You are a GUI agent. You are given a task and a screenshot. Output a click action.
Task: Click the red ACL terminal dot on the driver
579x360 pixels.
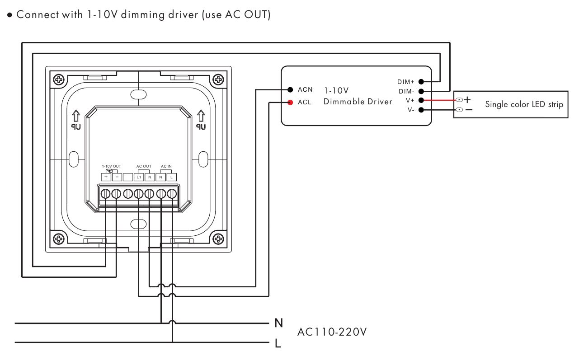(290, 102)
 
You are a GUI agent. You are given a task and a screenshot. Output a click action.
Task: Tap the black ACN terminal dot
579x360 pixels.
(290, 89)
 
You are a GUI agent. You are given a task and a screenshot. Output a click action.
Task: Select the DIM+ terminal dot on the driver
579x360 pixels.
(421, 82)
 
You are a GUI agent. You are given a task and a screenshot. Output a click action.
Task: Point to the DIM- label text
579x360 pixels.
(406, 91)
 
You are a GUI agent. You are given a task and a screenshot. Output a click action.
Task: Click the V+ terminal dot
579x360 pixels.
(421, 100)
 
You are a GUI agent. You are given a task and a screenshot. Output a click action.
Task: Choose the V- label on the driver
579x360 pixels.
(410, 110)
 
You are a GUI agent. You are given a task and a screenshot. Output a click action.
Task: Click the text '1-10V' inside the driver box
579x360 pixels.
(336, 90)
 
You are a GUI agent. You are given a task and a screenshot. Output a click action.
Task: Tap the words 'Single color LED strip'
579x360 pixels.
(524, 104)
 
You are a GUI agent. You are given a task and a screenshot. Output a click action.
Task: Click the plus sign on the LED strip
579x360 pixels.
(467, 99)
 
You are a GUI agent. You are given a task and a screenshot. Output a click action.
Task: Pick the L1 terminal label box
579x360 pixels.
(139, 177)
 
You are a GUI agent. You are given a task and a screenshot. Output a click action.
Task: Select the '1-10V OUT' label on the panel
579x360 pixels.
(111, 167)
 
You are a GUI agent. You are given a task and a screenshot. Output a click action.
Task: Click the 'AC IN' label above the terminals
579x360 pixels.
(166, 167)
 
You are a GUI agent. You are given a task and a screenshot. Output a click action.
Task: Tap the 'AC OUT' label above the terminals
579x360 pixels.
(144, 167)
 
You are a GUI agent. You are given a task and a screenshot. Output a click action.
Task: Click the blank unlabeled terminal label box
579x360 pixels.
(128, 177)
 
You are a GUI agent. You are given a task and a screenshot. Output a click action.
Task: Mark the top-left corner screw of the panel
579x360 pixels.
(59, 80)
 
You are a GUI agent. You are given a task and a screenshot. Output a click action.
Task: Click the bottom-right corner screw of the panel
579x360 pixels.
(218, 238)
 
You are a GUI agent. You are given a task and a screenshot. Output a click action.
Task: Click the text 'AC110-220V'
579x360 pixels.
(332, 332)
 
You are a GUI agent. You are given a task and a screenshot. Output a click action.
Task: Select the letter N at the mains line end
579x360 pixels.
(279, 323)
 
